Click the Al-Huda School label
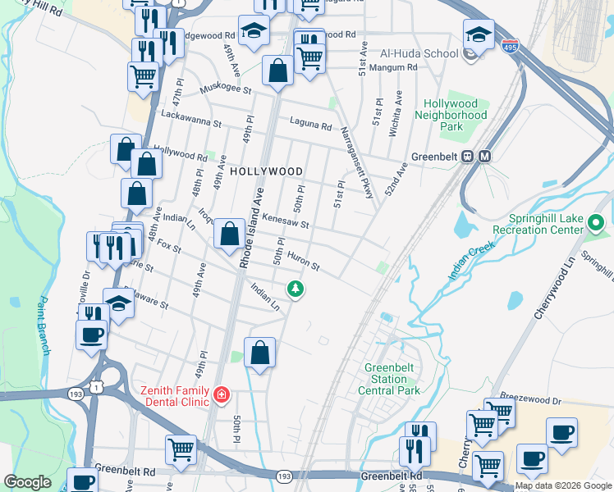point(418,53)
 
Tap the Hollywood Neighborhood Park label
point(451,116)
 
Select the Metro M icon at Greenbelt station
point(484,157)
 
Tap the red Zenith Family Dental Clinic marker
point(220,396)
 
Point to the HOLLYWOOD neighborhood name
point(266,171)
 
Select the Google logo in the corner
point(28,482)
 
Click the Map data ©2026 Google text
point(563,485)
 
